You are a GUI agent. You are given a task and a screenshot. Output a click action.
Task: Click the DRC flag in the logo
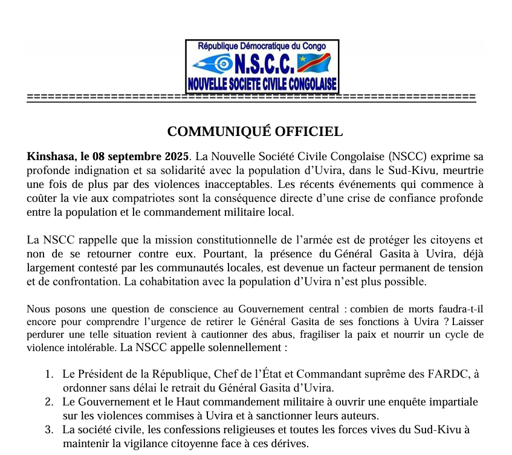coord(314,62)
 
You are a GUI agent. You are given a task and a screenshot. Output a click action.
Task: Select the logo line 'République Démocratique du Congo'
coord(262,46)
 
